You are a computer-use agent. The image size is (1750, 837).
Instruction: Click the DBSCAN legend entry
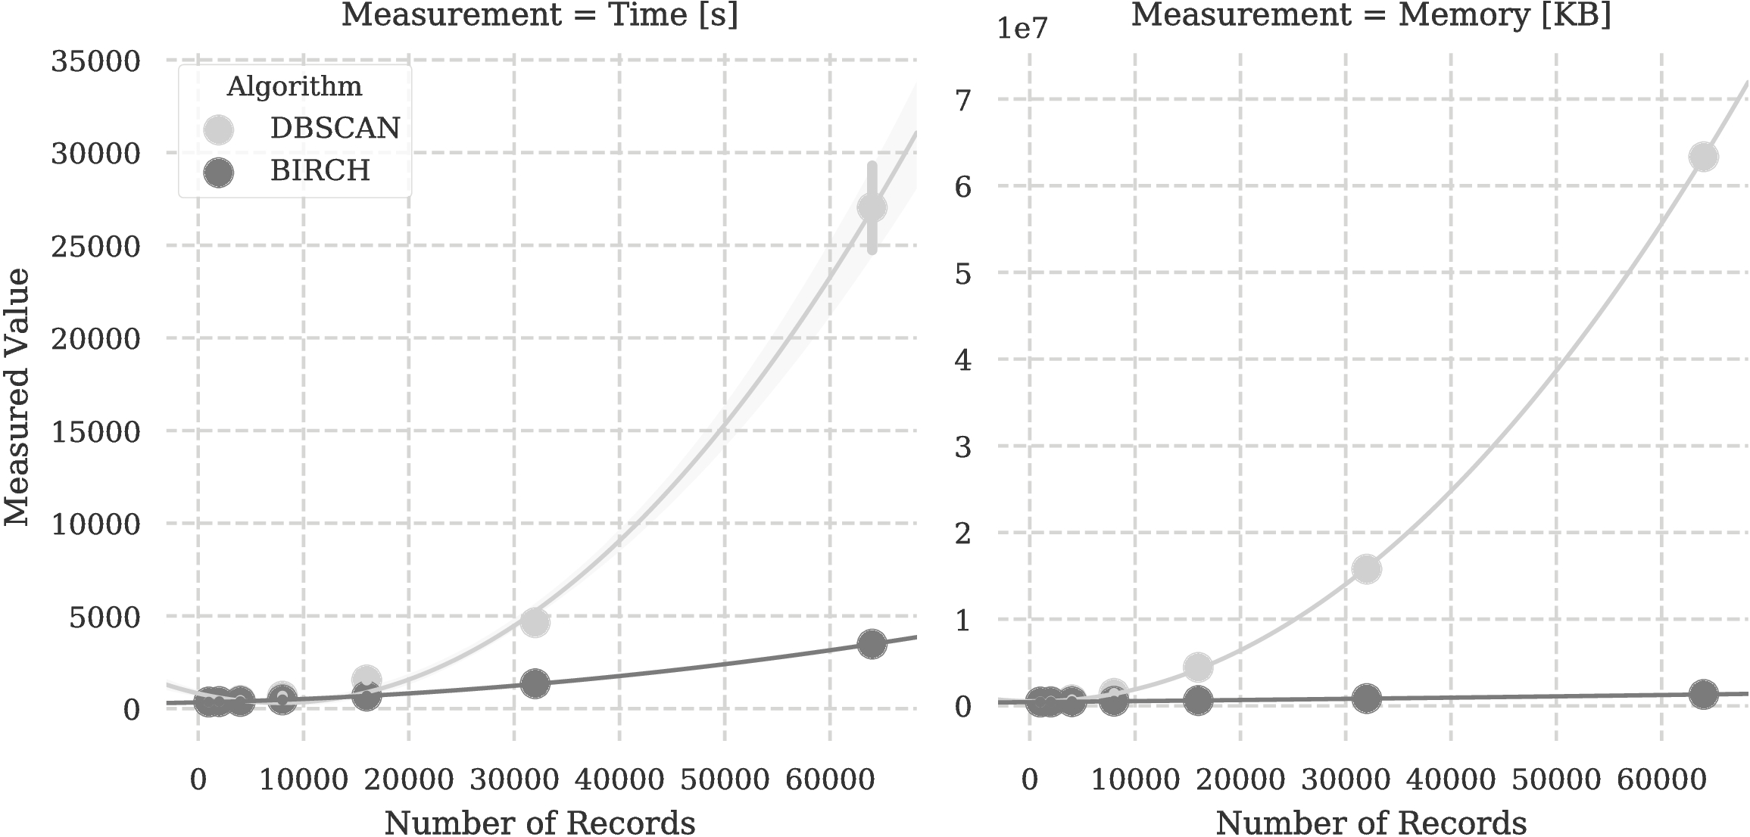click(335, 128)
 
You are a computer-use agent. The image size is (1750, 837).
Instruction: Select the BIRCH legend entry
click(320, 171)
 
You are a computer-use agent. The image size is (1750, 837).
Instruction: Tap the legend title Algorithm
click(295, 86)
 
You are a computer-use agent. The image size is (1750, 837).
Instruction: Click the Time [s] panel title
click(540, 15)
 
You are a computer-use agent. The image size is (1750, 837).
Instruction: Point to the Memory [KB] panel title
click(1371, 15)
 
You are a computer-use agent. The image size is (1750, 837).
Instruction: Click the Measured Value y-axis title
click(17, 397)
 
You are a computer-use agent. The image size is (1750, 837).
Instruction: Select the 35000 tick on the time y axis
click(96, 61)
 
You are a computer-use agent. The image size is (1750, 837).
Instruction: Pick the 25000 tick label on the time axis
click(96, 247)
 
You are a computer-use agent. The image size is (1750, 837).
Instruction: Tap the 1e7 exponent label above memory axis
click(1022, 29)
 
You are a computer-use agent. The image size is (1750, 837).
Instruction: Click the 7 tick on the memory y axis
click(962, 100)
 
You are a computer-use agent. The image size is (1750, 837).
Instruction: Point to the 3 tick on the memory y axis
click(962, 447)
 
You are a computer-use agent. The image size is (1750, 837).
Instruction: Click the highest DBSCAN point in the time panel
click(872, 207)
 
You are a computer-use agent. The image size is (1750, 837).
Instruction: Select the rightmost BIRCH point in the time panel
click(872, 644)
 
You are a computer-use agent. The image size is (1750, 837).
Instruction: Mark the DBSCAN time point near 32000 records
click(535, 622)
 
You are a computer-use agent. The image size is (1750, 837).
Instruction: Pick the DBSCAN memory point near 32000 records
click(1366, 569)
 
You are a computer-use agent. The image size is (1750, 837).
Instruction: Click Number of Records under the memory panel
click(1371, 822)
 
